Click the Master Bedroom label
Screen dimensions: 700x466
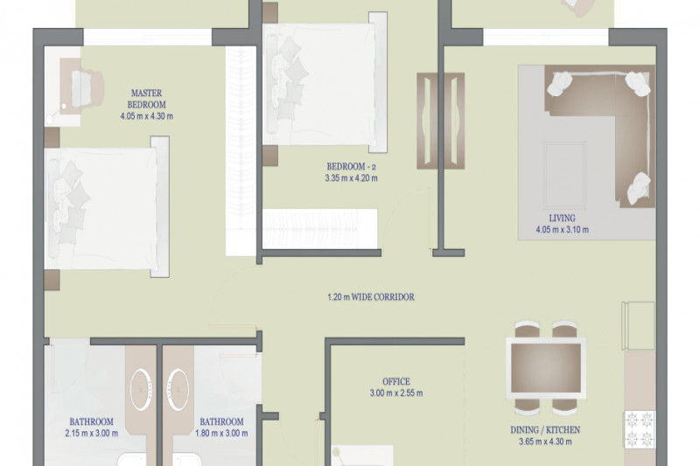point(146,99)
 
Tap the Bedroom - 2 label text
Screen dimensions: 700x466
point(352,167)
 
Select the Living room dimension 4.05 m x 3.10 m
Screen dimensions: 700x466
point(562,230)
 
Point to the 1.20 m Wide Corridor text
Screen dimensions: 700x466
point(370,297)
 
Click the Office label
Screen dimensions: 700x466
point(396,382)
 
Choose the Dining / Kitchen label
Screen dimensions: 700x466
point(545,430)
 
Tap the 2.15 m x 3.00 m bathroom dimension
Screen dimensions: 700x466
point(92,433)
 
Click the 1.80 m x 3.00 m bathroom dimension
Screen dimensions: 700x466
point(221,433)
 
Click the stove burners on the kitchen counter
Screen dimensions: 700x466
point(640,429)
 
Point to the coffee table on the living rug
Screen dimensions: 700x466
point(564,175)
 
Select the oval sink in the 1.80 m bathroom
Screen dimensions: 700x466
point(178,389)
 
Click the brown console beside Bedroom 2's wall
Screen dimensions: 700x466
point(440,121)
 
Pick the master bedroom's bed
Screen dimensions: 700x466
point(107,207)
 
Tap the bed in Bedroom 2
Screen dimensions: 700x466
point(325,82)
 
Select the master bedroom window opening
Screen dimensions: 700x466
point(147,37)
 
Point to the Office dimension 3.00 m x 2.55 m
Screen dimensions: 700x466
point(396,393)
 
